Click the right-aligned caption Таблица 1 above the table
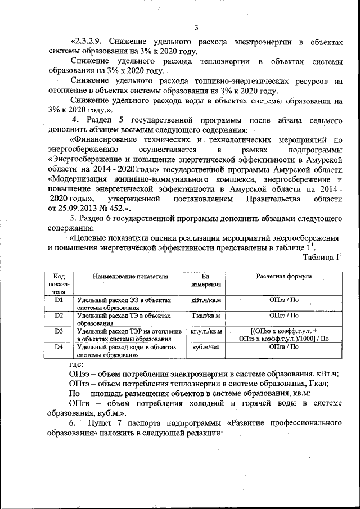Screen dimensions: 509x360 (x=322, y=258)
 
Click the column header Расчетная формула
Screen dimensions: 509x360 (x=284, y=277)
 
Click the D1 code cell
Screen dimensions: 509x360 (x=58, y=300)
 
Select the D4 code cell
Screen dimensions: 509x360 (x=58, y=346)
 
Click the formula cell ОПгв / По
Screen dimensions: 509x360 (x=284, y=347)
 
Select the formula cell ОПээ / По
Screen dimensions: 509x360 (x=284, y=301)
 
